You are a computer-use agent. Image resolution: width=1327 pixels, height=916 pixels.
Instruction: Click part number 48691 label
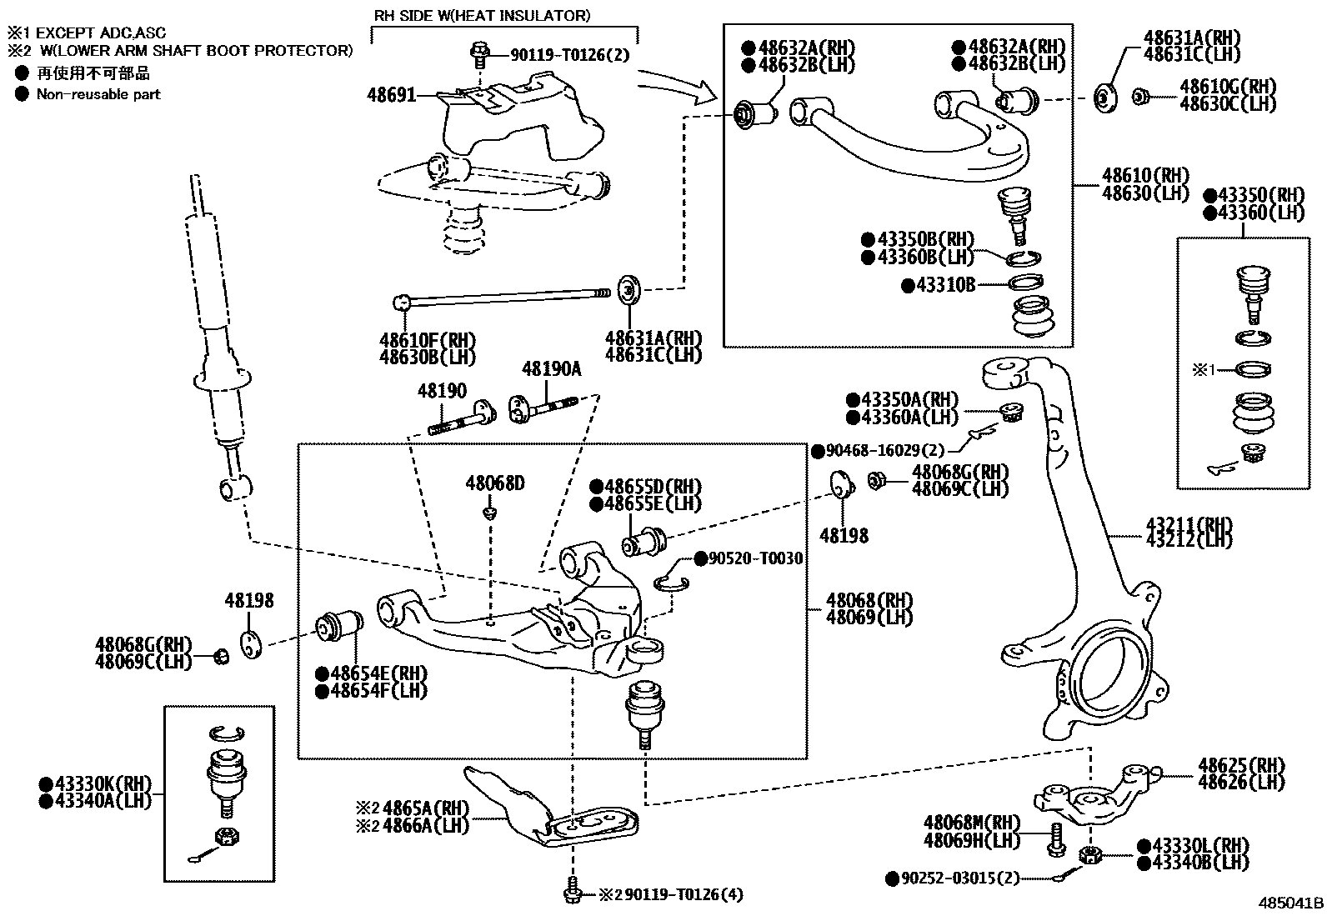[x=391, y=96]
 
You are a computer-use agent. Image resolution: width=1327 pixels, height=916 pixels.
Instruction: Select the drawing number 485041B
[x=1290, y=903]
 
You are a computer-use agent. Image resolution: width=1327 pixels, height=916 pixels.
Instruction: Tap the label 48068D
[x=495, y=483]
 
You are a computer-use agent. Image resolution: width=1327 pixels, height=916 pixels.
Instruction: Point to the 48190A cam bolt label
[x=551, y=369]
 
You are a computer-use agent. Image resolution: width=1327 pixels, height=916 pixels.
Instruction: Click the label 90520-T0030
[x=755, y=558]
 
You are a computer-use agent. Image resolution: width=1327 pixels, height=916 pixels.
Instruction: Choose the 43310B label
[x=945, y=285]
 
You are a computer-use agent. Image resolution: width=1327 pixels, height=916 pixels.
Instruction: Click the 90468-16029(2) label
[x=884, y=451]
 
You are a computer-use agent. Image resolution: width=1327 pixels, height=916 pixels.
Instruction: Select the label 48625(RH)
[x=1241, y=764]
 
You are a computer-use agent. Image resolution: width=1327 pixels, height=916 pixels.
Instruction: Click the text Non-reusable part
[x=98, y=94]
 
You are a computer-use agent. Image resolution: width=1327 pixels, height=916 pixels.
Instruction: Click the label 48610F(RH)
[x=426, y=339]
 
